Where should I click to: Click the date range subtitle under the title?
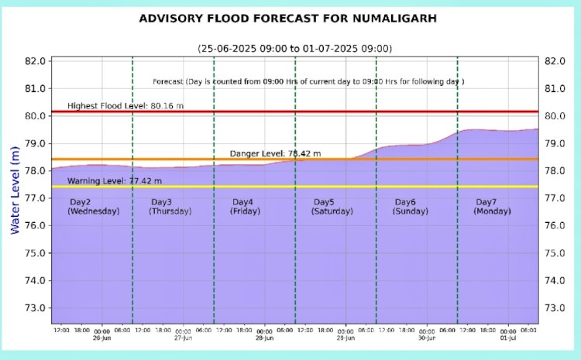(294, 48)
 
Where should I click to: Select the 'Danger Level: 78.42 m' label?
(275, 153)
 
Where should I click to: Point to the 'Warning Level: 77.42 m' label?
(115, 180)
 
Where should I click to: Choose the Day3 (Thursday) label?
(170, 207)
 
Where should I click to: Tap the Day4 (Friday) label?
(246, 207)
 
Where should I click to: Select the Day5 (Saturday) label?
(332, 207)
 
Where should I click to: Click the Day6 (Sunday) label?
(411, 207)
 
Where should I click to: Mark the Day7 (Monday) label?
(492, 207)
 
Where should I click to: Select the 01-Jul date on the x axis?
(508, 338)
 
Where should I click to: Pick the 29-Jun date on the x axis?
(346, 338)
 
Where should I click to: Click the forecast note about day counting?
(308, 81)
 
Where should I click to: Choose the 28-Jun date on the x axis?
(264, 338)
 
